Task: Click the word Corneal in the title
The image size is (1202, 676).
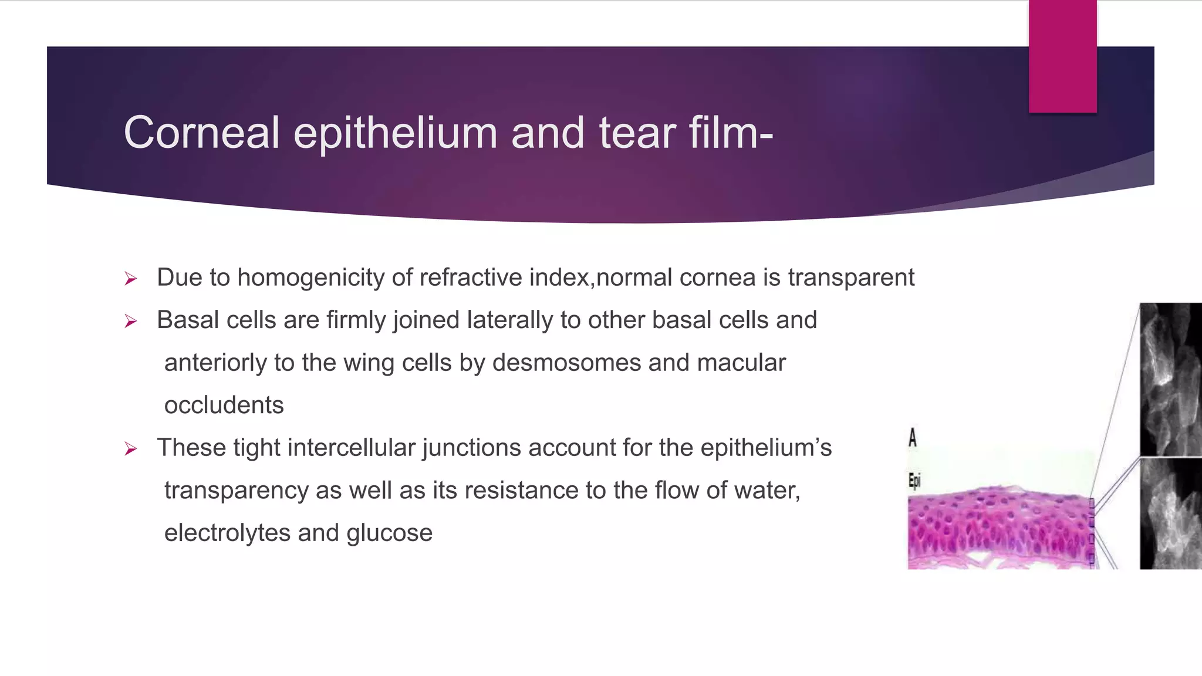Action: [x=201, y=133]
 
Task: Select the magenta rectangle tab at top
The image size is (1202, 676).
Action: [x=1062, y=56]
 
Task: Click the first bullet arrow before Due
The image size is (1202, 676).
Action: [x=131, y=279]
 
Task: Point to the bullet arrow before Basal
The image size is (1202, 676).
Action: [x=131, y=321]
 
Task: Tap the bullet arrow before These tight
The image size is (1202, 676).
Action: [x=131, y=449]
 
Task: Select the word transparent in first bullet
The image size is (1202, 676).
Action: [x=851, y=278]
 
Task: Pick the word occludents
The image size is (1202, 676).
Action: [x=224, y=405]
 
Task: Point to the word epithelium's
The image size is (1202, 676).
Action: [x=766, y=448]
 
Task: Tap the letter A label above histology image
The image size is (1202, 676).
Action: [x=913, y=438]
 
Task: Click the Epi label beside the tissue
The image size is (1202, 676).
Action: [x=914, y=481]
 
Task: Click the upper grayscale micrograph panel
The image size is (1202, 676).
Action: [x=1170, y=378]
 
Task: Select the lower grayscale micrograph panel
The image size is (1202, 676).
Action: [x=1170, y=514]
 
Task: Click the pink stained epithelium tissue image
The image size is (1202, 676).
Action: [x=998, y=528]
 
